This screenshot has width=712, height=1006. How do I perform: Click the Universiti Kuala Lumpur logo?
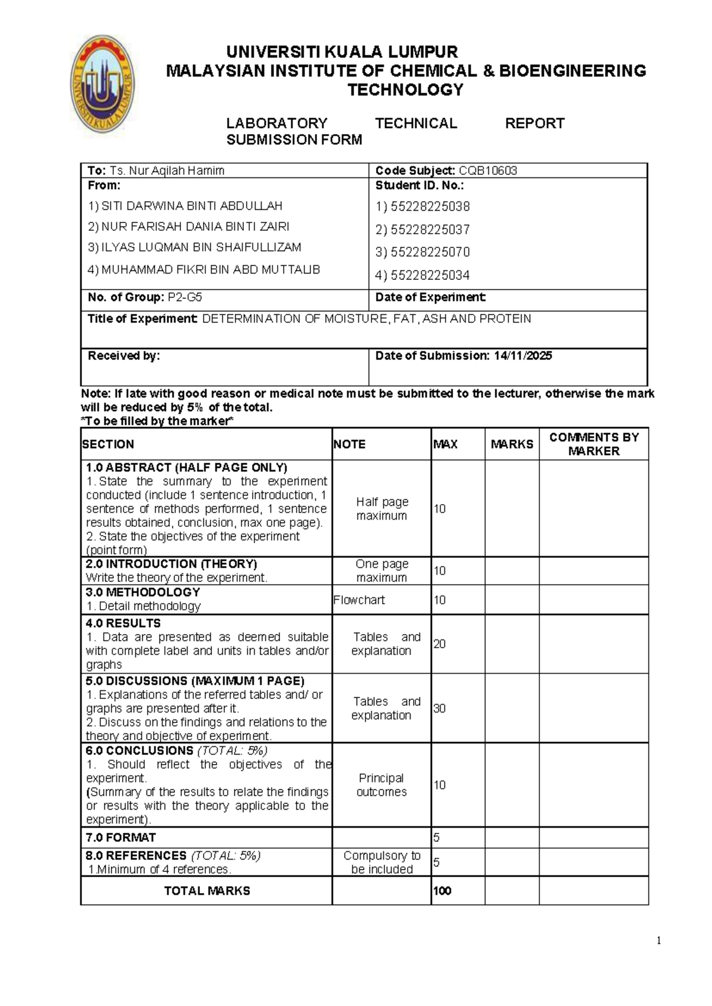coord(103,84)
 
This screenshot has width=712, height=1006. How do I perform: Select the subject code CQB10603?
coord(488,171)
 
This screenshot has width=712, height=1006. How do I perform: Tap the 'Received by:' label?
coord(123,356)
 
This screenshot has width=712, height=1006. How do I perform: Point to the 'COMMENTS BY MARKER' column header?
coord(593,444)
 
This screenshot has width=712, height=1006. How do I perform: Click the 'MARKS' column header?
coord(511,444)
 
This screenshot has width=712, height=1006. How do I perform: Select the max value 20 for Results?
coord(439,644)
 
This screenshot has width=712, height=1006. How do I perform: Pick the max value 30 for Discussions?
coord(439,709)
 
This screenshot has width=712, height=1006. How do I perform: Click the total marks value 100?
coord(442,891)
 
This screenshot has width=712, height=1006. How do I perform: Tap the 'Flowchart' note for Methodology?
coord(359,600)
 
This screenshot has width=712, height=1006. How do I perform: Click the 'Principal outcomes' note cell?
coord(382,785)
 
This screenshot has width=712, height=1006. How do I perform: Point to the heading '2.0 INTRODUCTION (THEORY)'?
coord(171,564)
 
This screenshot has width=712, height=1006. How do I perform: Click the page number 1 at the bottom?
coord(659,941)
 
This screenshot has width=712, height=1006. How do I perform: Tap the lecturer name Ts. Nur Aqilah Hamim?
coord(167,171)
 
